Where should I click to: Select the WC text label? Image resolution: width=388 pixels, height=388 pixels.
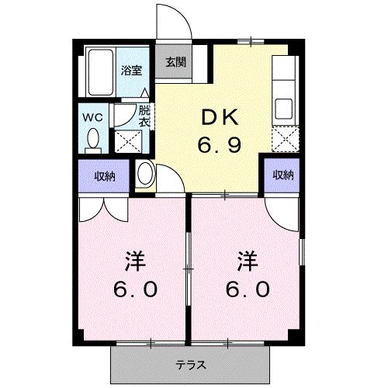(x=93, y=117)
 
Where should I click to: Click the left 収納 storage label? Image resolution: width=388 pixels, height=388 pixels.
(x=105, y=176)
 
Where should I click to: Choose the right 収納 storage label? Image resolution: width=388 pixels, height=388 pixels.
(x=283, y=175)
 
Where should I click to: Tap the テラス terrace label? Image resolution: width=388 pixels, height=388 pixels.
(x=189, y=362)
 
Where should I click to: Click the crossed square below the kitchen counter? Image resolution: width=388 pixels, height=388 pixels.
(x=283, y=140)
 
